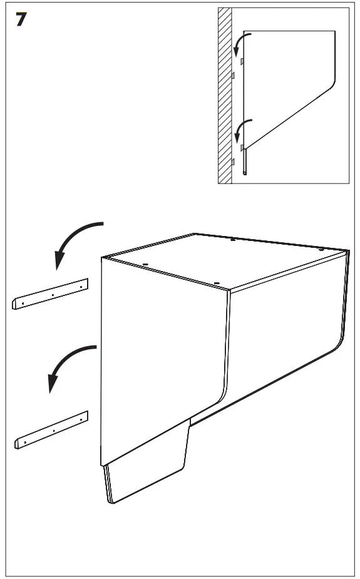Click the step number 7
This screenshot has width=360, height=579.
[21, 19]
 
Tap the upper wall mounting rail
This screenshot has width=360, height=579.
[50, 294]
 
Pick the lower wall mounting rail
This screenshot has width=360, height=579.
[51, 430]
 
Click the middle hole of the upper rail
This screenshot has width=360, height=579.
[53, 295]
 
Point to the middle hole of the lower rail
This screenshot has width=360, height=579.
[54, 431]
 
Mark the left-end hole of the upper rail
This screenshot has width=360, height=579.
[23, 304]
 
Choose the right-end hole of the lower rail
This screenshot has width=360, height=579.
[81, 419]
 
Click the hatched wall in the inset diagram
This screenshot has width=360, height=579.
[225, 96]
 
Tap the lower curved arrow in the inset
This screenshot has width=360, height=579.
[241, 129]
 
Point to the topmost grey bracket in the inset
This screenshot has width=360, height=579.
[242, 61]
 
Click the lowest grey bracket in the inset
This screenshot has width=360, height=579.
[233, 161]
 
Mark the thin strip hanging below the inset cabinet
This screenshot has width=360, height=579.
[244, 161]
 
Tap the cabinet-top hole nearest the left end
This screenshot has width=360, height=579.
[145, 264]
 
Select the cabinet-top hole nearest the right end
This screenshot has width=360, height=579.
[321, 250]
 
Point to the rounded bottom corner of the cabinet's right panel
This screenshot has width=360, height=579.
[341, 344]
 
